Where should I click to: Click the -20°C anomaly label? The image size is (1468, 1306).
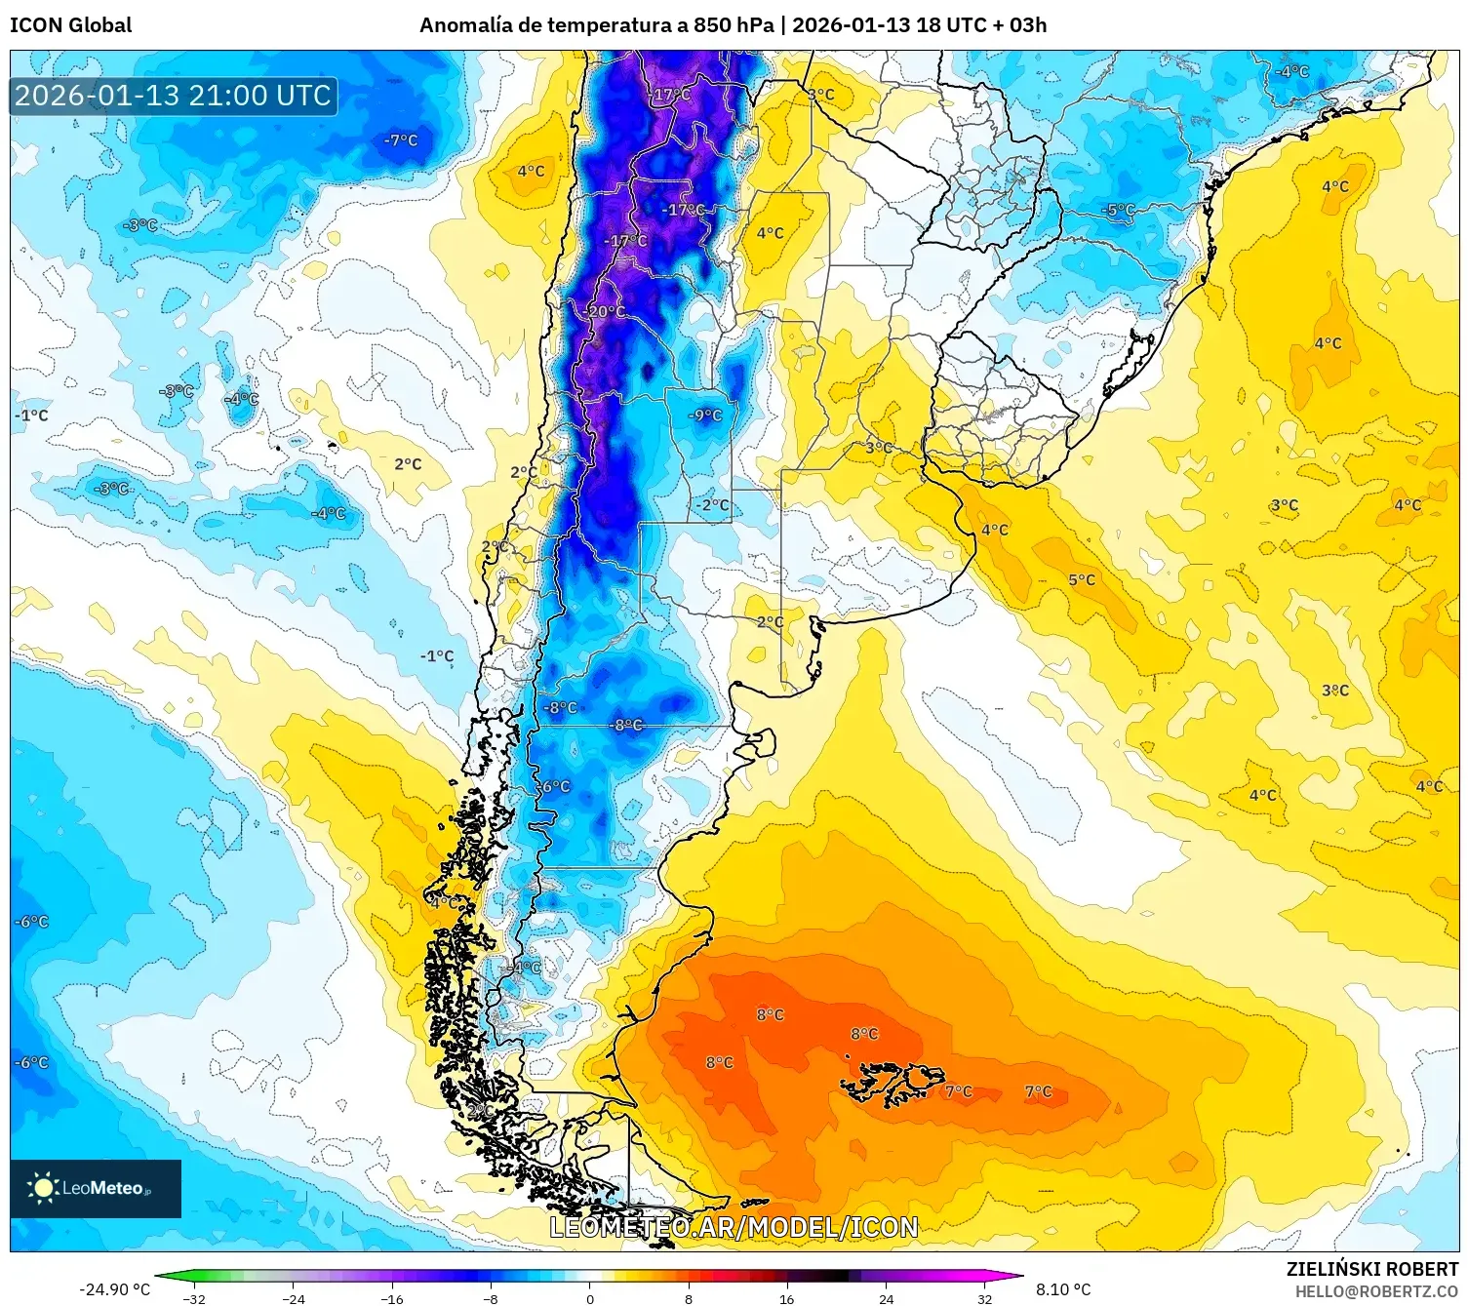(606, 311)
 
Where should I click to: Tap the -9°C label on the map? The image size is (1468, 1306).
(706, 416)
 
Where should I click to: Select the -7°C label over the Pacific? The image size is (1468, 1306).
(401, 140)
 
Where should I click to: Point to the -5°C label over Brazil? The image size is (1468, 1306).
(1119, 210)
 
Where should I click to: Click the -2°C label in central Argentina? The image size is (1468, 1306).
(712, 505)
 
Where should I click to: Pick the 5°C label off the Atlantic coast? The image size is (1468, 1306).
(1082, 579)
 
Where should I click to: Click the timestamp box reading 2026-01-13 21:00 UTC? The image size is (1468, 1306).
(174, 96)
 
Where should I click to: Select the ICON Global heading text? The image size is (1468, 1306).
(70, 25)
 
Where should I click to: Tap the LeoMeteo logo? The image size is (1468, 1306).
(96, 1188)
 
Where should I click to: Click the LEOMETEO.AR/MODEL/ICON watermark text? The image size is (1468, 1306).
(734, 1227)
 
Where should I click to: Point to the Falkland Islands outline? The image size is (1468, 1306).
(893, 1082)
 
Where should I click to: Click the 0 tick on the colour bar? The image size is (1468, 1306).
(589, 1298)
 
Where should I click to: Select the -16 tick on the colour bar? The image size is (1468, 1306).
(392, 1298)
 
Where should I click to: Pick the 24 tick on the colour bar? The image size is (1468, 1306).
(886, 1298)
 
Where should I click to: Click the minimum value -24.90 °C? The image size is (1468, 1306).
(114, 1289)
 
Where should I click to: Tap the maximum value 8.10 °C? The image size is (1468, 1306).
(1063, 1289)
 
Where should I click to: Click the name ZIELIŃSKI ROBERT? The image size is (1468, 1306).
(1372, 1269)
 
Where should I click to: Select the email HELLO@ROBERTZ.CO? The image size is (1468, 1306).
(1376, 1291)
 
